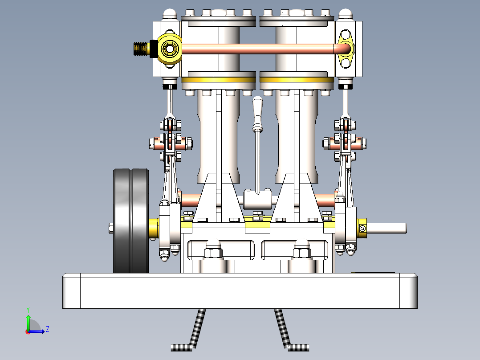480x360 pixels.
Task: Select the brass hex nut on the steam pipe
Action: pyautogui.click(x=170, y=48)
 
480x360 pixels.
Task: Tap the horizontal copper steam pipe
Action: pyautogui.click(x=258, y=49)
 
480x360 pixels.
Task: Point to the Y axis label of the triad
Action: pyautogui.click(x=28, y=309)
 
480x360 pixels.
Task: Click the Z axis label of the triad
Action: pyautogui.click(x=47, y=330)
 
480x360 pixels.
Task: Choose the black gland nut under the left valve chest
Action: pyautogui.click(x=170, y=86)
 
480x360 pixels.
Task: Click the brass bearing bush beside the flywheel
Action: pyautogui.click(x=154, y=228)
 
